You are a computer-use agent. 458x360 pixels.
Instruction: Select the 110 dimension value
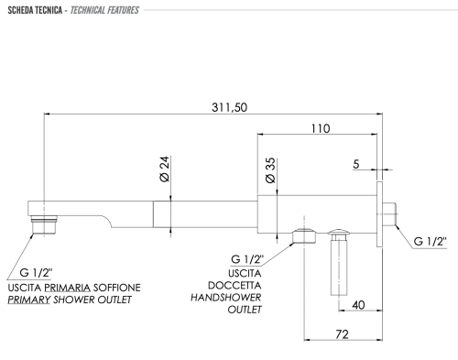[x=320, y=128]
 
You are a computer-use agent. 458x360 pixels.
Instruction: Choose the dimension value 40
[x=359, y=304]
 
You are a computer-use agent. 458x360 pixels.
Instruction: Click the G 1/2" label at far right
[x=430, y=241]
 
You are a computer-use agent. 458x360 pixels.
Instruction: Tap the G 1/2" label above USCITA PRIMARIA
[x=37, y=273]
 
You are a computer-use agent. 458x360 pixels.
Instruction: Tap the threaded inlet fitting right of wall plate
[x=392, y=213]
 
